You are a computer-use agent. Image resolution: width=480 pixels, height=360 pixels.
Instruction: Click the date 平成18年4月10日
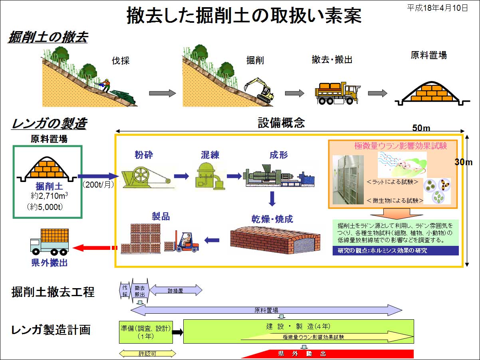437,8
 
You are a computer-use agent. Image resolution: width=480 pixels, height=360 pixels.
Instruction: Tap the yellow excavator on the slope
260,90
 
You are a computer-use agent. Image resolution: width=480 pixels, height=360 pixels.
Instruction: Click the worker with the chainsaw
104,85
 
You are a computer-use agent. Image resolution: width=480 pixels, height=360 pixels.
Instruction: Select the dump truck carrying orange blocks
337,93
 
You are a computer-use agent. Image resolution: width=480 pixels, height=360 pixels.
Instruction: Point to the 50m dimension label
421,128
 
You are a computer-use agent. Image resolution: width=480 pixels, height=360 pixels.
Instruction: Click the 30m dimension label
464,162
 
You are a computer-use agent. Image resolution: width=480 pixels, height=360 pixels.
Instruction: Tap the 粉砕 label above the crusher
144,155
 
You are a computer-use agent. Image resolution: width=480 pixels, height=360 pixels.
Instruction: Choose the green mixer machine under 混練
210,176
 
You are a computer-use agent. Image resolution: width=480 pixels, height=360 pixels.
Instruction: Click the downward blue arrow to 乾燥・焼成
272,199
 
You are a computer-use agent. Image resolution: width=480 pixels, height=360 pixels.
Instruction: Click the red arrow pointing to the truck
95,248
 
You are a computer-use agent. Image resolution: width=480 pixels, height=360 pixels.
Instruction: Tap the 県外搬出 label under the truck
50,263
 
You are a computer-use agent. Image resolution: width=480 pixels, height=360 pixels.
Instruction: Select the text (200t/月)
98,185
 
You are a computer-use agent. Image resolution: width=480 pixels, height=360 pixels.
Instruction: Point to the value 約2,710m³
49,196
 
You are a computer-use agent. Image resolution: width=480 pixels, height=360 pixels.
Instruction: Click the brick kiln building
275,240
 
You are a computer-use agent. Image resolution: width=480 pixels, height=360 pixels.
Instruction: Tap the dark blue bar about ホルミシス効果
395,251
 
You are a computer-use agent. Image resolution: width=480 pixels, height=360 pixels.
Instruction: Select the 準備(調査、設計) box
146,332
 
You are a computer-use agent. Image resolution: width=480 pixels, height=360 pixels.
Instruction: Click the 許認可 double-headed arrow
147,354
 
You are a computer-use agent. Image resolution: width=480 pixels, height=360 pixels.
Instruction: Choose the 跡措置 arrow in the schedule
176,290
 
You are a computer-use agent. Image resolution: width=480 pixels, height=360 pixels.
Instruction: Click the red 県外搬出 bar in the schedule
328,354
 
